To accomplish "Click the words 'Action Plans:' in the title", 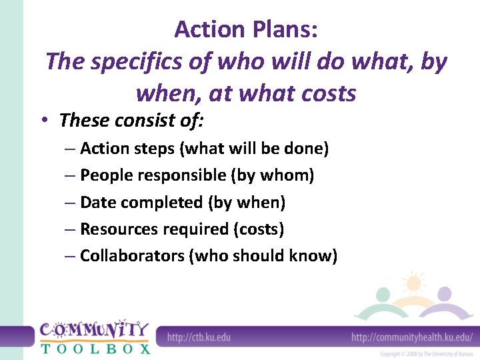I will point(245,29).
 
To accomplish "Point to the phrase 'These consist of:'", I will point(131,121).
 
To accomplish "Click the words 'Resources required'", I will point(153,229).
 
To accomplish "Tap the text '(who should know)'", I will point(263,256).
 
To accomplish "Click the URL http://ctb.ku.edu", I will point(199,337).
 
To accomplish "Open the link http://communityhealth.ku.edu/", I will point(411,337).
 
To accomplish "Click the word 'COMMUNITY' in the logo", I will point(94,330).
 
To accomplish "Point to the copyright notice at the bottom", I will point(427,354).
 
